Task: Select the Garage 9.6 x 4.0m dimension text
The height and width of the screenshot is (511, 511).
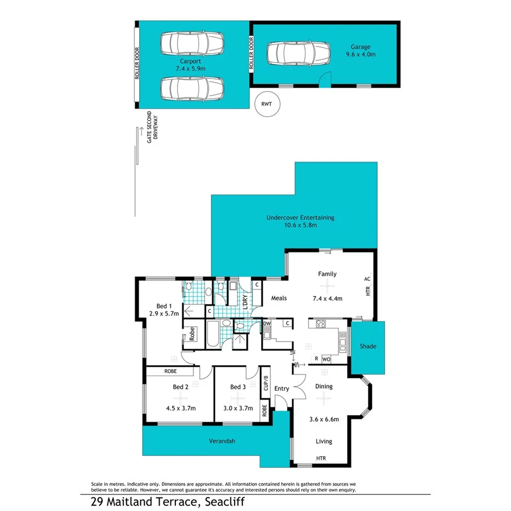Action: pos(361,54)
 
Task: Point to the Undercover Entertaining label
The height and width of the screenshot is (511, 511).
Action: pos(300,218)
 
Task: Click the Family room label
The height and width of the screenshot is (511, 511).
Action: pos(327,274)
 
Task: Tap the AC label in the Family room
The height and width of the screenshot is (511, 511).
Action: pos(367,279)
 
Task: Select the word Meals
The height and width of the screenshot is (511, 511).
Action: pos(280,298)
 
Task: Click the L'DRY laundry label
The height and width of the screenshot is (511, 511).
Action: pos(245,302)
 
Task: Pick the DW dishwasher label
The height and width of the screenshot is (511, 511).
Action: pos(267,324)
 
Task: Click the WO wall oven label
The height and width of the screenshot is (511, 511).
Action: pos(325,359)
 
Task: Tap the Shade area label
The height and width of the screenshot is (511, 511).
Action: pos(367,347)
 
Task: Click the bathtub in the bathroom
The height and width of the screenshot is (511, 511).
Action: pos(212,334)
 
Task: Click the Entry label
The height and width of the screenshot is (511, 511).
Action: pos(281,389)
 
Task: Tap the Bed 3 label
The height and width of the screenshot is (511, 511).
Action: pos(237,387)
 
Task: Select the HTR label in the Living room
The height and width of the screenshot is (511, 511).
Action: pos(321,458)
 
